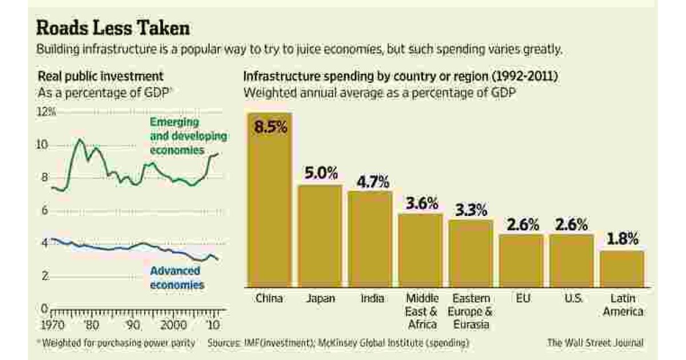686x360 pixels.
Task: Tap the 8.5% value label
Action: click(270, 127)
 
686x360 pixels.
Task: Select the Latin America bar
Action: click(623, 269)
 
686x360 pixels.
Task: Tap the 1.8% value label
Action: click(622, 239)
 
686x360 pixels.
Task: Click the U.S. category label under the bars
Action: click(570, 298)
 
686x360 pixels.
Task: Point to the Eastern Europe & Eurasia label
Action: click(472, 311)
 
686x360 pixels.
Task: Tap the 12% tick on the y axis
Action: click(46, 113)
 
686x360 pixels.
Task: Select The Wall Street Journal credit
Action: click(595, 343)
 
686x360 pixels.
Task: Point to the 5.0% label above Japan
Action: click(320, 173)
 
